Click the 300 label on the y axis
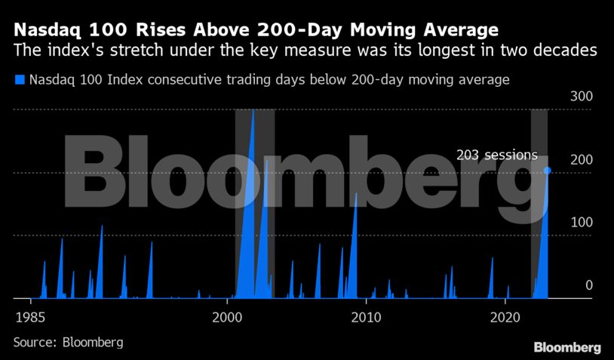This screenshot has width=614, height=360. [581, 97]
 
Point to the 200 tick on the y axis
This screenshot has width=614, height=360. [581, 160]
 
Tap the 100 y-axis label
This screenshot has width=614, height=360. [581, 223]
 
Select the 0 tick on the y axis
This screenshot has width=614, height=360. [589, 285]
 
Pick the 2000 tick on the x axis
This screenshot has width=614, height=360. [228, 315]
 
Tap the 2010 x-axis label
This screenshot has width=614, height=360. [367, 315]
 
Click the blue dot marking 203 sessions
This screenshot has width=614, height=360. [548, 171]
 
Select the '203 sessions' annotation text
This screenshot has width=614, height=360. [496, 155]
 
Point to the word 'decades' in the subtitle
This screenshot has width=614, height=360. [573, 51]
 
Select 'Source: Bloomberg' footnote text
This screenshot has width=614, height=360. [68, 342]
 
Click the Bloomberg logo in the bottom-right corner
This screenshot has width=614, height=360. [567, 347]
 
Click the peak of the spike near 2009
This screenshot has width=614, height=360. [356, 194]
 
